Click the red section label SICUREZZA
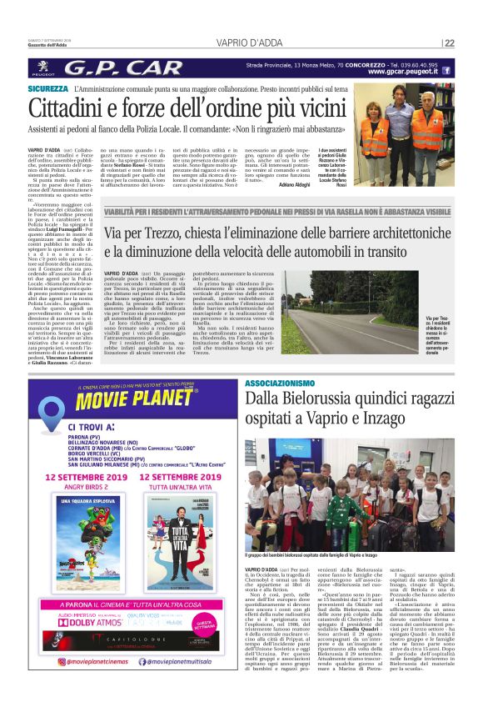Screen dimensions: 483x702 (47, 88)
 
